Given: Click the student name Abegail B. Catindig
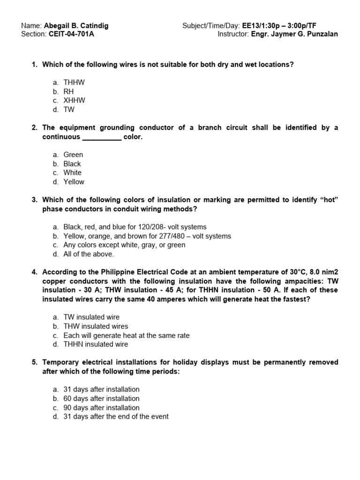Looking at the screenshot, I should [76, 25].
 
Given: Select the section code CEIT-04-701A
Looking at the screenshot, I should [71, 34].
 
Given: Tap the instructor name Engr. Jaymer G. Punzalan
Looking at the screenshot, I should [295, 34].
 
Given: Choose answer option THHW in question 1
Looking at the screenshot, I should [74, 82].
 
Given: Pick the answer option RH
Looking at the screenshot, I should [68, 91].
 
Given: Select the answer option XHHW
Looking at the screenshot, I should [74, 100].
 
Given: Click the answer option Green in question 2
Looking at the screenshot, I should [73, 155].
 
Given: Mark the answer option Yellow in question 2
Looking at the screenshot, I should [74, 182].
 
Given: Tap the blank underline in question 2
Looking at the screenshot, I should [102, 137].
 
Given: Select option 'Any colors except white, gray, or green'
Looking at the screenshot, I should [124, 245].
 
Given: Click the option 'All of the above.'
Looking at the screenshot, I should [89, 254].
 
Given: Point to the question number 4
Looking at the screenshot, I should [34, 272].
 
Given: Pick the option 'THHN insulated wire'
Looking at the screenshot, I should [96, 345].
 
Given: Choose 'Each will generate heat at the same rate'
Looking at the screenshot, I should [127, 336].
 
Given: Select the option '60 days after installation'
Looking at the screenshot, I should [101, 398].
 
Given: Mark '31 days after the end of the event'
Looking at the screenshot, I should [116, 417].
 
